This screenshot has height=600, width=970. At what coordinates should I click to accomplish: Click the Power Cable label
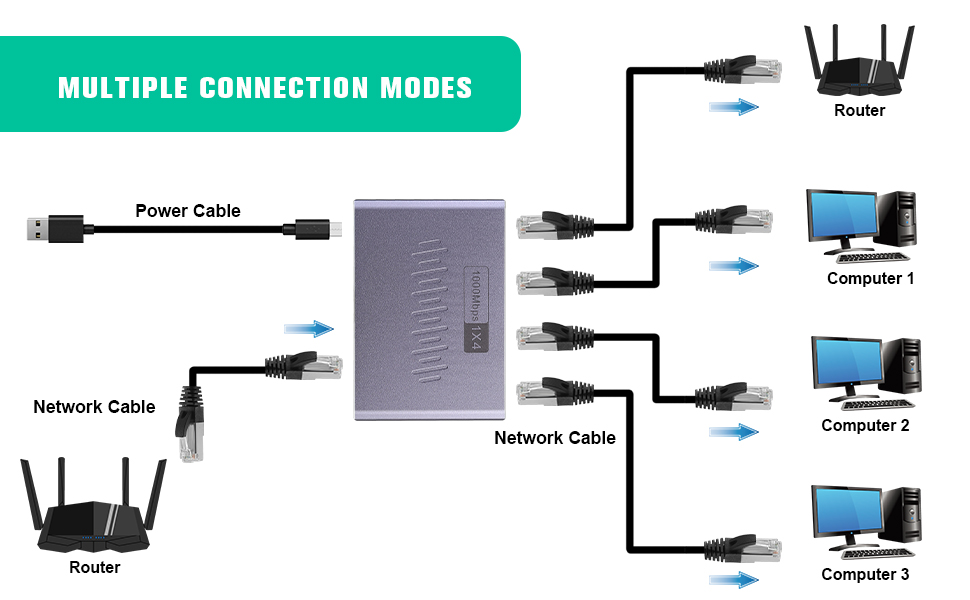coord(188,210)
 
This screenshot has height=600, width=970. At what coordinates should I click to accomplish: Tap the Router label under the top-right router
coord(859,110)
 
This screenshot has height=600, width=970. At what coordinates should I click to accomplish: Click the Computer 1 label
coord(870,278)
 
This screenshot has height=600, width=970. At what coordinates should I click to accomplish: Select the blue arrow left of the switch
coord(308,329)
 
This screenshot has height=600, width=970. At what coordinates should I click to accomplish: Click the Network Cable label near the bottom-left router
coord(94,407)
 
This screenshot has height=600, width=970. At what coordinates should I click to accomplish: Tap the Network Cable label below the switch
coord(555,437)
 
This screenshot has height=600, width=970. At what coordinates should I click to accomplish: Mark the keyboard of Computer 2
coord(877,404)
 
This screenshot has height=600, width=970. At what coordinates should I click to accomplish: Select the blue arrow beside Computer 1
coord(733,266)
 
